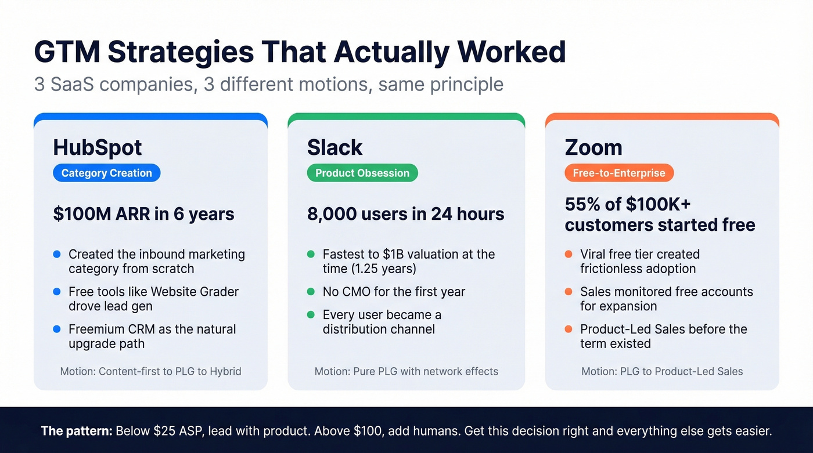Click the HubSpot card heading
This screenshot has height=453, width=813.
97,148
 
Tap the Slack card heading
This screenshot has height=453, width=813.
334,148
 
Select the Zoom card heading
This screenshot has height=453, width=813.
593,148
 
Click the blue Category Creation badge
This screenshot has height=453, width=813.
106,173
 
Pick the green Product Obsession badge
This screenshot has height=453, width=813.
362,173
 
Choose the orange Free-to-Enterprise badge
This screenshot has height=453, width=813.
619,173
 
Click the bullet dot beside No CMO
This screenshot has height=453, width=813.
311,292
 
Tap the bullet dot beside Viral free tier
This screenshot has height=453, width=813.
569,254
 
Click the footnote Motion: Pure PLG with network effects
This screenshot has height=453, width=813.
406,371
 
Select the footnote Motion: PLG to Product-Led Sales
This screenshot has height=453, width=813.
662,371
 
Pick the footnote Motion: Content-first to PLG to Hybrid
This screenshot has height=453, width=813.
150,371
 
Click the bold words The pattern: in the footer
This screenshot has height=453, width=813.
76,432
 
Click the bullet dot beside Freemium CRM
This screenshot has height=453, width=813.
56,329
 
